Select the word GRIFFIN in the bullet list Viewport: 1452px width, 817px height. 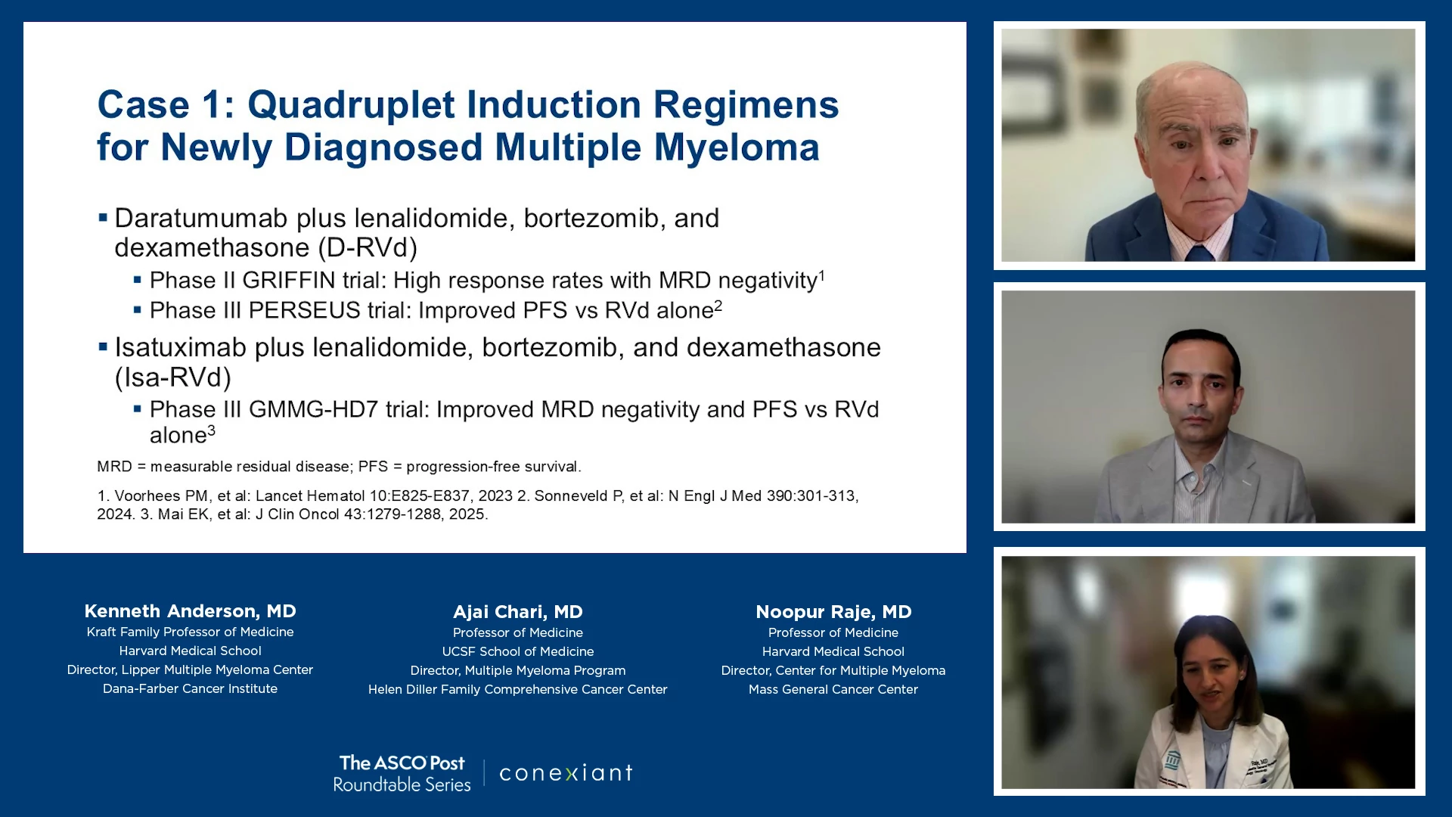pyautogui.click(x=289, y=281)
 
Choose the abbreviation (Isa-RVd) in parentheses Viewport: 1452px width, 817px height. pyautogui.click(x=173, y=377)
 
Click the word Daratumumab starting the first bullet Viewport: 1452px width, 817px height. pyautogui.click(x=201, y=218)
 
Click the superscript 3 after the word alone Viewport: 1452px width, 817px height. pyautogui.click(x=212, y=430)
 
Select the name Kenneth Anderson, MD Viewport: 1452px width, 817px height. pyautogui.click(x=190, y=611)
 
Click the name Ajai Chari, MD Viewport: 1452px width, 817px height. pyautogui.click(x=518, y=612)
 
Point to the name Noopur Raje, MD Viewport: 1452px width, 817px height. pyautogui.click(x=833, y=612)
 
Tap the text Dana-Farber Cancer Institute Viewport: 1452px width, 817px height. pyautogui.click(x=190, y=688)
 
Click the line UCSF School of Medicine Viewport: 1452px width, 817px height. pyautogui.click(x=518, y=651)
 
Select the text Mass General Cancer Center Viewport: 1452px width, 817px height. pyautogui.click(x=833, y=689)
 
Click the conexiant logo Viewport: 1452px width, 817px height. pyautogui.click(x=566, y=773)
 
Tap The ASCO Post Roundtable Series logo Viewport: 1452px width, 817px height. pyautogui.click(x=402, y=773)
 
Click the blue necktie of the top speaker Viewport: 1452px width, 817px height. pyautogui.click(x=1200, y=253)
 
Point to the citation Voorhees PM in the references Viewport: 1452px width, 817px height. pyautogui.click(x=161, y=496)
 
